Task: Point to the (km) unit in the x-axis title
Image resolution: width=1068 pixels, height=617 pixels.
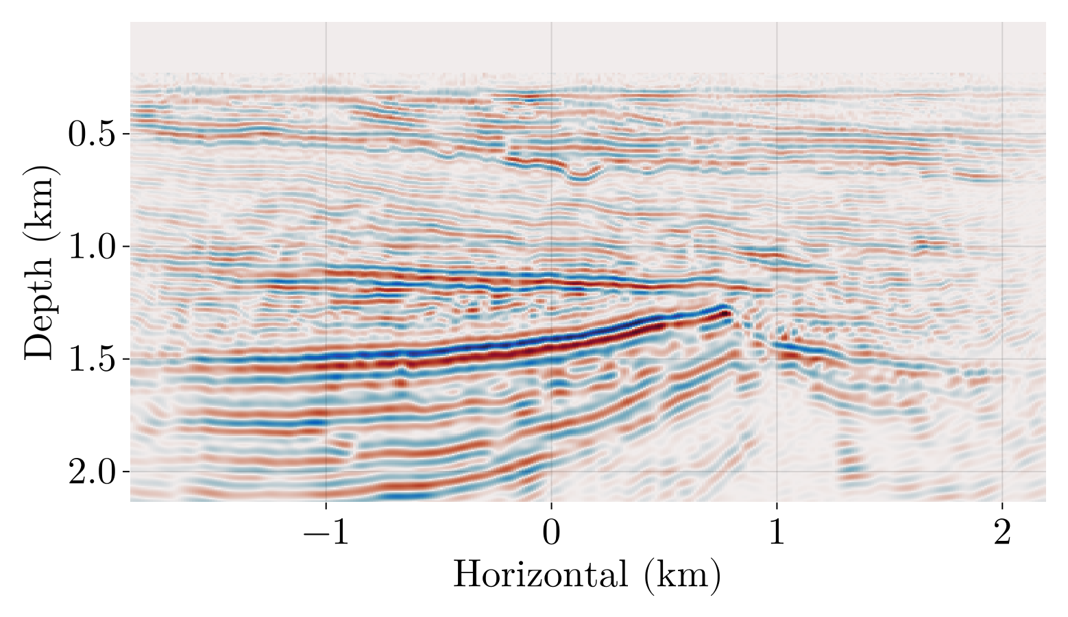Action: pyautogui.click(x=683, y=574)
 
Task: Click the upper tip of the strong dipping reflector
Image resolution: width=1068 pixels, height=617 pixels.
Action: pyautogui.click(x=725, y=310)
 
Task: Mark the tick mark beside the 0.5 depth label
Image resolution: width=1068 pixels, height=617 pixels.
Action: pyautogui.click(x=126, y=134)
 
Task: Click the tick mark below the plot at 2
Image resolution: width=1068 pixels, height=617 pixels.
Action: pyautogui.click(x=1002, y=505)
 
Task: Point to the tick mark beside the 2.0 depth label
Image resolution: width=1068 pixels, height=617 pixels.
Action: pyautogui.click(x=126, y=472)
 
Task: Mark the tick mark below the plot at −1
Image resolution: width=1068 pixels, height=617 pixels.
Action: pyautogui.click(x=326, y=505)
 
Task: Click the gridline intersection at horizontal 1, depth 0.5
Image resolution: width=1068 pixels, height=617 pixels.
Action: pyautogui.click(x=777, y=134)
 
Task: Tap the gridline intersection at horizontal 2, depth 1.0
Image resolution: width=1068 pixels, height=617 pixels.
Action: pyautogui.click(x=1002, y=246)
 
